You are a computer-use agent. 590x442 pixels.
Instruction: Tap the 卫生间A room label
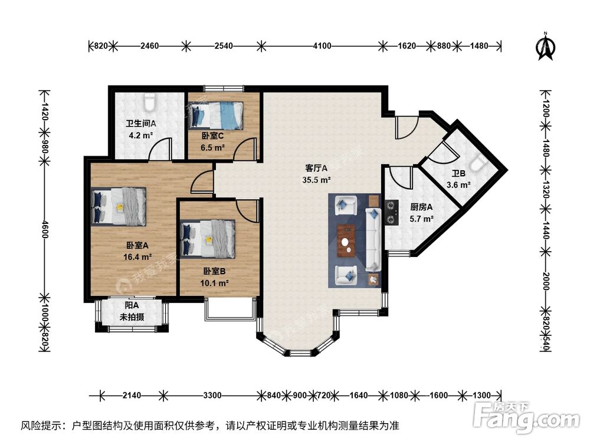(140, 124)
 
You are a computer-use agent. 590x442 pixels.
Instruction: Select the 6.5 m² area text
(212, 147)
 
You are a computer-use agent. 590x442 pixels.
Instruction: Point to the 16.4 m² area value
(139, 256)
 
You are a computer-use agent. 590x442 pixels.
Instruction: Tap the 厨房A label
(421, 207)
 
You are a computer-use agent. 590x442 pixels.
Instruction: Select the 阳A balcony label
(132, 305)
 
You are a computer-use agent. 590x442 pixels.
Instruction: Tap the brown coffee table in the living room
(348, 240)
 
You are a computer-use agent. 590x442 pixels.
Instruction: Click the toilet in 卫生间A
(149, 103)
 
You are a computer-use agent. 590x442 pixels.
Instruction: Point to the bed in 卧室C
(216, 116)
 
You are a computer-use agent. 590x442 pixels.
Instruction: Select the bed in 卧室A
(120, 207)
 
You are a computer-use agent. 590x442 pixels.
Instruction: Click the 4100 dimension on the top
(322, 45)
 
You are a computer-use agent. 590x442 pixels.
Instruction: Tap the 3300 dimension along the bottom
(212, 395)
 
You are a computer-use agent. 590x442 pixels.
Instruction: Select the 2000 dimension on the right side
(546, 278)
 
